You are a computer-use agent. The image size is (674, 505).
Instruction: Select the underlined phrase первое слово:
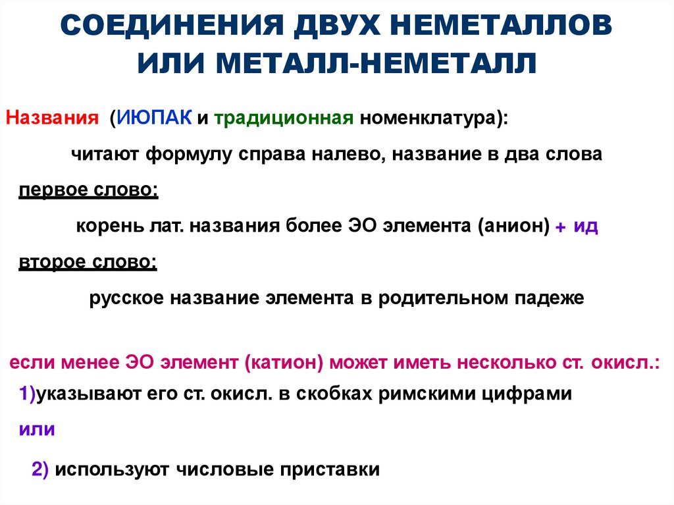click(x=88, y=190)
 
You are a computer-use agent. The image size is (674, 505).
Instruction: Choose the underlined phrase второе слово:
click(x=88, y=261)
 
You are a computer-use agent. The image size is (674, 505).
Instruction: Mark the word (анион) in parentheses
click(x=514, y=226)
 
